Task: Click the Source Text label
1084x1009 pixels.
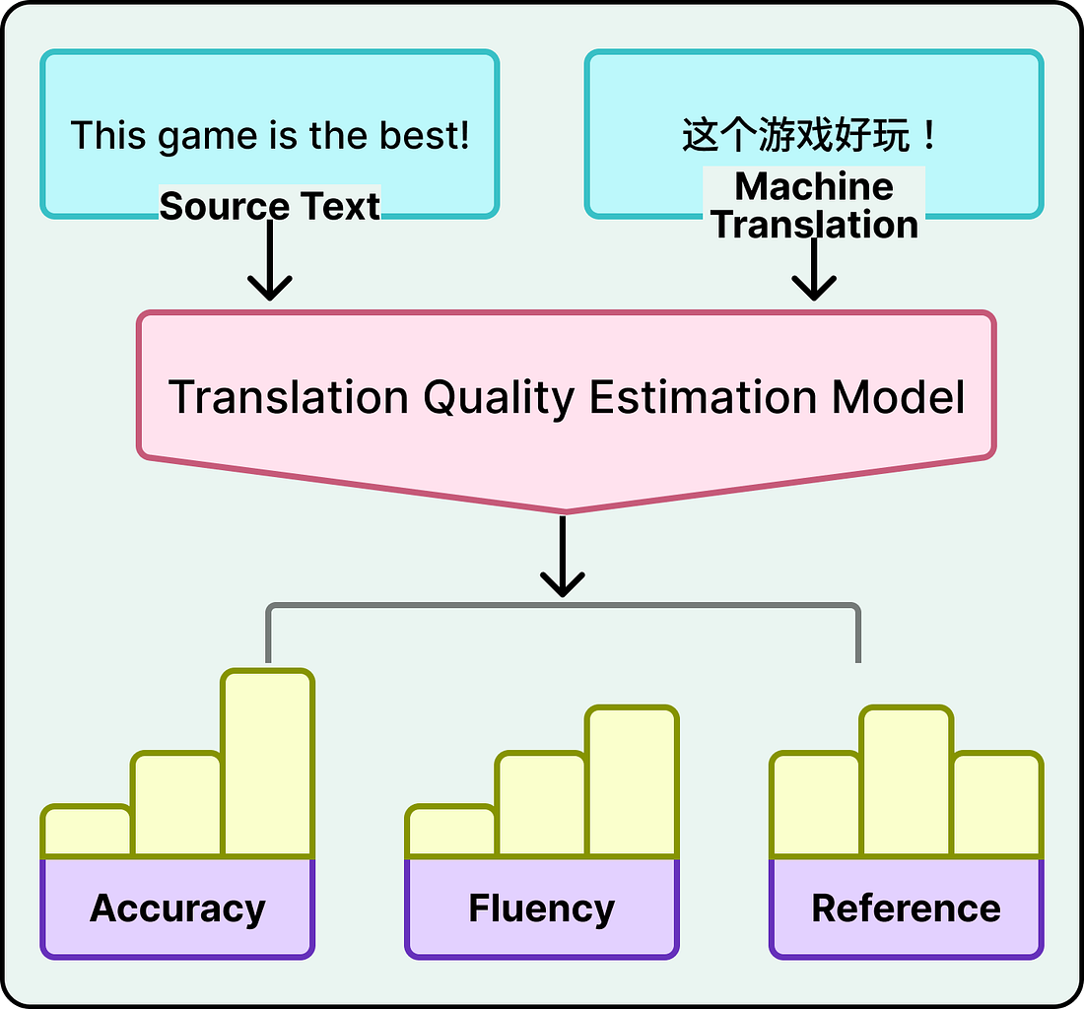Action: pos(269,206)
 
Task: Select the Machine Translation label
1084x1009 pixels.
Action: pos(815,205)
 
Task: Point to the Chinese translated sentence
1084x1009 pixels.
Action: pos(810,135)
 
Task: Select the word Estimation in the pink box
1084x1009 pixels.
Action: pos(703,396)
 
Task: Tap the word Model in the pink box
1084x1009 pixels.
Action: pos(898,396)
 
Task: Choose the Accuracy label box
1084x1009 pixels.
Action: pos(177,908)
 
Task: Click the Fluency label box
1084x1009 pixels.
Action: pos(541,908)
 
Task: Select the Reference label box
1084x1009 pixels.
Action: pos(906,908)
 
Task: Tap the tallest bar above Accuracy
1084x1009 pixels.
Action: pos(268,764)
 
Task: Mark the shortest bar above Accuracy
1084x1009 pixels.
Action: pos(87,832)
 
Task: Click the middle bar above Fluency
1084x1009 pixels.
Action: pos(541,804)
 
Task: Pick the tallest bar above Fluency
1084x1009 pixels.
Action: pos(633,781)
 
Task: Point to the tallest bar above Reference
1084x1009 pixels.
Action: pos(906,781)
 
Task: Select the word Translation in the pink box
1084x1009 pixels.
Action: pos(288,396)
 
